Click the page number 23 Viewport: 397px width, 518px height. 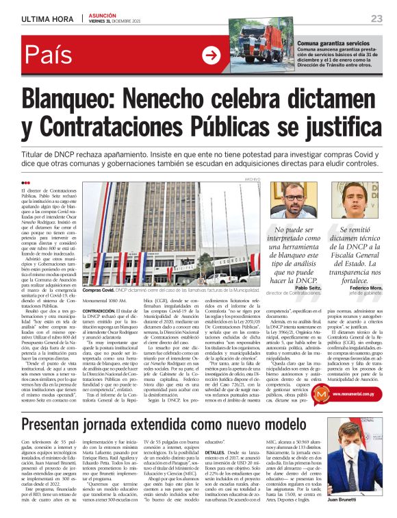[x=376, y=18]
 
